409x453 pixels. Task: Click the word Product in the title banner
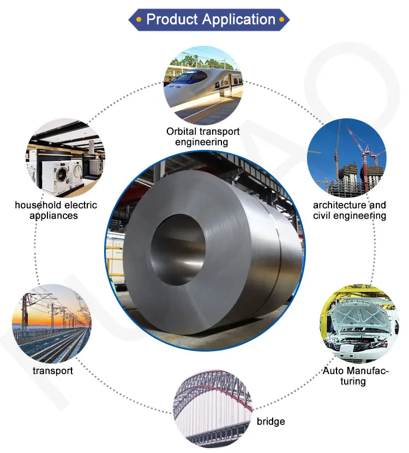pos(171,20)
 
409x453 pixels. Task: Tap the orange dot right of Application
pos(282,20)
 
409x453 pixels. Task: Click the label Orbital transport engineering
pos(203,137)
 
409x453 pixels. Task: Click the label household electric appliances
pos(56,210)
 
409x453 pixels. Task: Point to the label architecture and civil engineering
pos(350,210)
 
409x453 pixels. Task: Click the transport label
pos(52,371)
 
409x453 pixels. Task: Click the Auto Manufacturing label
pos(355,376)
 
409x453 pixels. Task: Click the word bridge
pos(270,421)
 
